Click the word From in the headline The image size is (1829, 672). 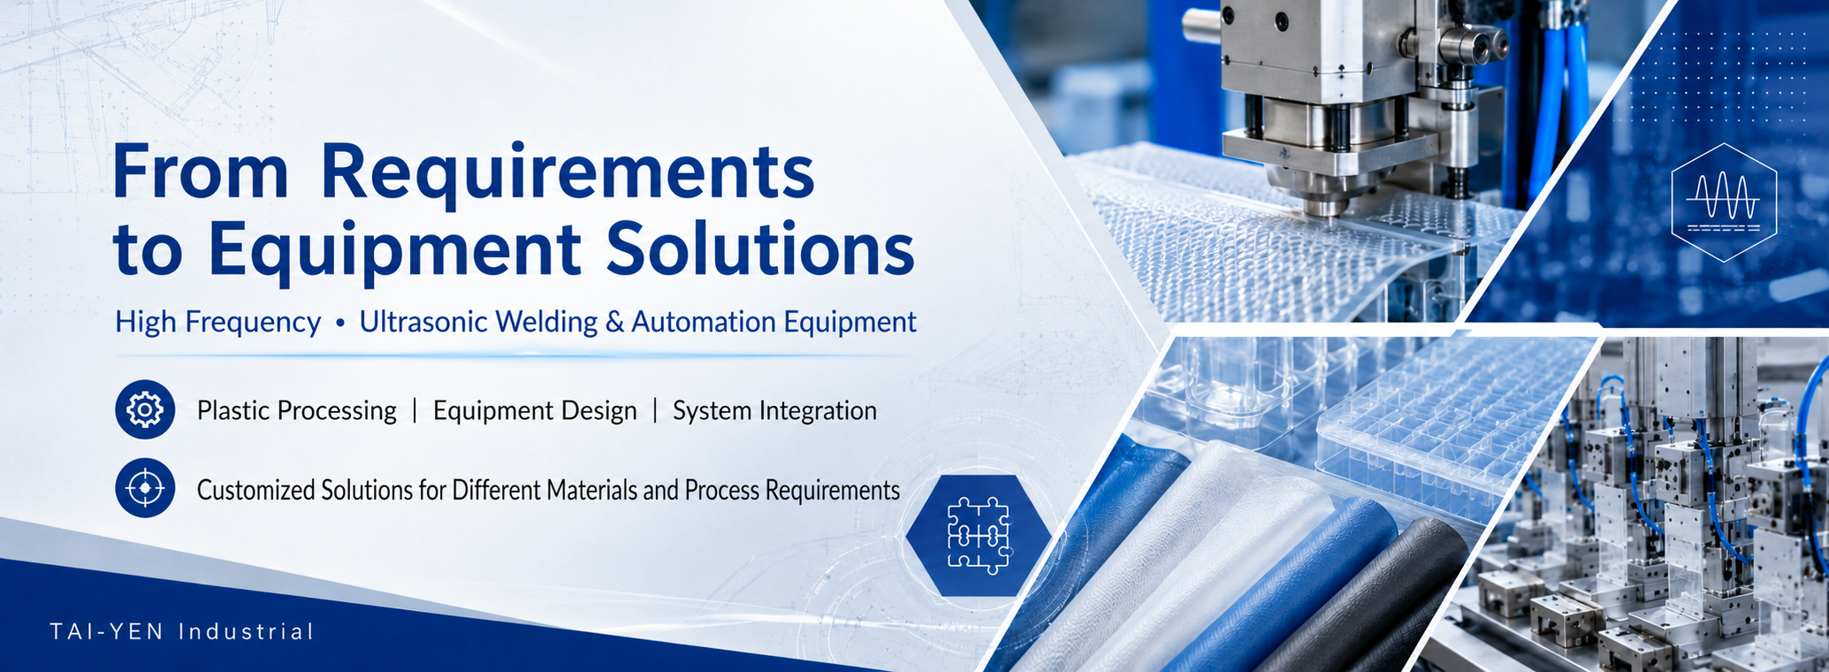[201, 172]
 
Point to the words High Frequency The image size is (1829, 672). [217, 323]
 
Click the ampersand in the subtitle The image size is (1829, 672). [614, 322]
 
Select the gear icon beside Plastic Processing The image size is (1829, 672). [145, 409]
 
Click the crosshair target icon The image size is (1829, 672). [145, 487]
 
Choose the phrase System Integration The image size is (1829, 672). [774, 411]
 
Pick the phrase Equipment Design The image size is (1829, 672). [535, 411]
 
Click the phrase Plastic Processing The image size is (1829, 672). [296, 411]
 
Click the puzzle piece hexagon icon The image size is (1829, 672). [978, 535]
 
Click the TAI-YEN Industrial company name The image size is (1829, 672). [182, 632]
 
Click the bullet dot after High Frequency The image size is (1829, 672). [339, 325]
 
